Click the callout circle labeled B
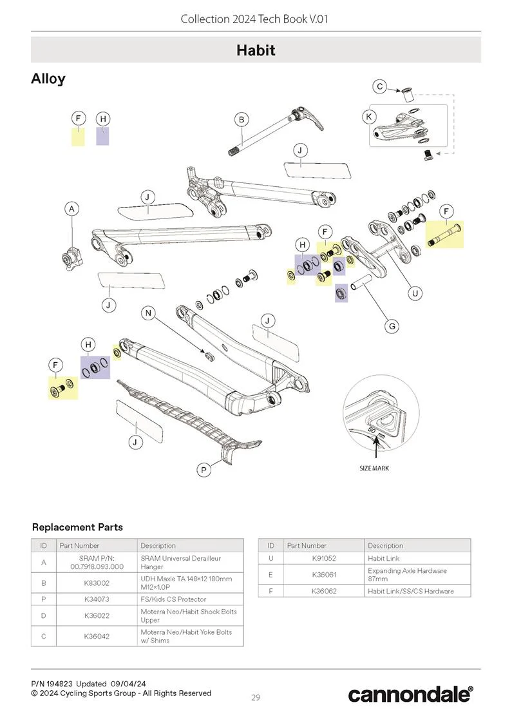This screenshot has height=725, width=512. pyautogui.click(x=242, y=120)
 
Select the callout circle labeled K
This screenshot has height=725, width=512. pyautogui.click(x=369, y=117)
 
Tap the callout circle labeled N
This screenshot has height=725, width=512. pyautogui.click(x=148, y=313)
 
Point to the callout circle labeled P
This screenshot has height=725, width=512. pyautogui.click(x=204, y=470)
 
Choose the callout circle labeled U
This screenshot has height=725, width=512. pyautogui.click(x=415, y=293)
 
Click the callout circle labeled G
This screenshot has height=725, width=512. pyautogui.click(x=392, y=327)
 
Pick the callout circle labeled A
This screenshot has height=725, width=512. pyautogui.click(x=71, y=209)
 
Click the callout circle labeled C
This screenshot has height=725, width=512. pyautogui.click(x=380, y=86)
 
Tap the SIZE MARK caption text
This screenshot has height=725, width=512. pyautogui.click(x=374, y=469)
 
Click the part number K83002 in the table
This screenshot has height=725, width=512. pyautogui.click(x=97, y=583)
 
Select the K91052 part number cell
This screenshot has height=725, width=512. pyautogui.click(x=324, y=558)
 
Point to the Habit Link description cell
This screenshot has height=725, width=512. pyautogui.click(x=384, y=558)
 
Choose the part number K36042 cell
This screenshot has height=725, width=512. pyautogui.click(x=97, y=636)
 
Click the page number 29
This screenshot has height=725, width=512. pyautogui.click(x=256, y=697)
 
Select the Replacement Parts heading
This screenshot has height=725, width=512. pyautogui.click(x=78, y=527)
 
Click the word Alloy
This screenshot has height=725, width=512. pyautogui.click(x=48, y=79)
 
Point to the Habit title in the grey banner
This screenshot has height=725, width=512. pyautogui.click(x=256, y=50)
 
